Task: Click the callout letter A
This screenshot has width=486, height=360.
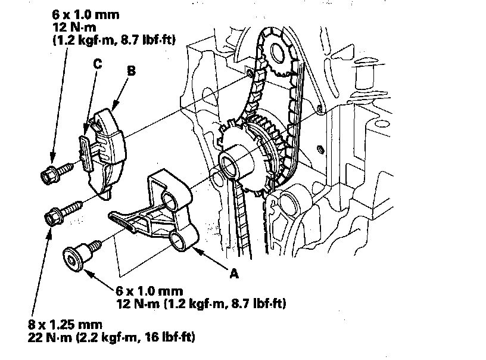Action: (x=234, y=274)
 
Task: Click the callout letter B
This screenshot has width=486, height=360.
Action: (x=132, y=70)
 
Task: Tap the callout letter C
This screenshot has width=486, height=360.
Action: (x=97, y=66)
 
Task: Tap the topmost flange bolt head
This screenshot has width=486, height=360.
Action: (x=48, y=175)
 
